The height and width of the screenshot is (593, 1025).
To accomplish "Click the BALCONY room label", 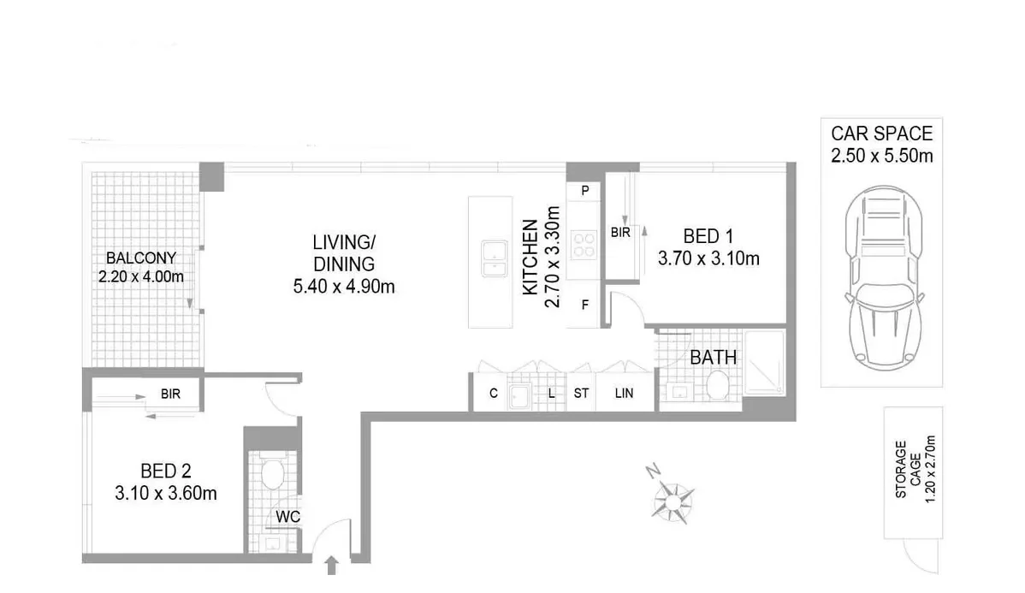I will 141,258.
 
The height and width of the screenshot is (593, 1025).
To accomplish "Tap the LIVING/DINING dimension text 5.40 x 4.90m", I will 343,287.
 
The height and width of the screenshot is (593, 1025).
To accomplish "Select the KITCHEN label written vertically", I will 530,258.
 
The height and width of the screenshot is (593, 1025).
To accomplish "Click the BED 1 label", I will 708,235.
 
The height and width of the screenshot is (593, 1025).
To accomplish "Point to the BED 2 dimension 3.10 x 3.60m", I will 166,493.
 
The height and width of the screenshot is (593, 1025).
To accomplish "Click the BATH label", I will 713,358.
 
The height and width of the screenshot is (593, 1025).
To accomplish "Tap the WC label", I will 285,516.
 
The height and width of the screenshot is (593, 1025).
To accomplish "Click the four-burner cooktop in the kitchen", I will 584,246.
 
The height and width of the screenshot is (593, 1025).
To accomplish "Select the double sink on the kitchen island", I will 494,259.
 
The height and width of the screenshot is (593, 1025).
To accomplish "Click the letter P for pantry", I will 585,191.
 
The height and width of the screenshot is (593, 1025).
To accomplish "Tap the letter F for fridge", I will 585,304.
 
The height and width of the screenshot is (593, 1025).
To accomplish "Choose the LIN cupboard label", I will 624,394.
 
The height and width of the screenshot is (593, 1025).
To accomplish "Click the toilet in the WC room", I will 272,473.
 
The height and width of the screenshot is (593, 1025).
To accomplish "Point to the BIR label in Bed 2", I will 169,395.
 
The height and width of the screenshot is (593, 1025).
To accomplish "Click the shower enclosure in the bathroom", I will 763,363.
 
